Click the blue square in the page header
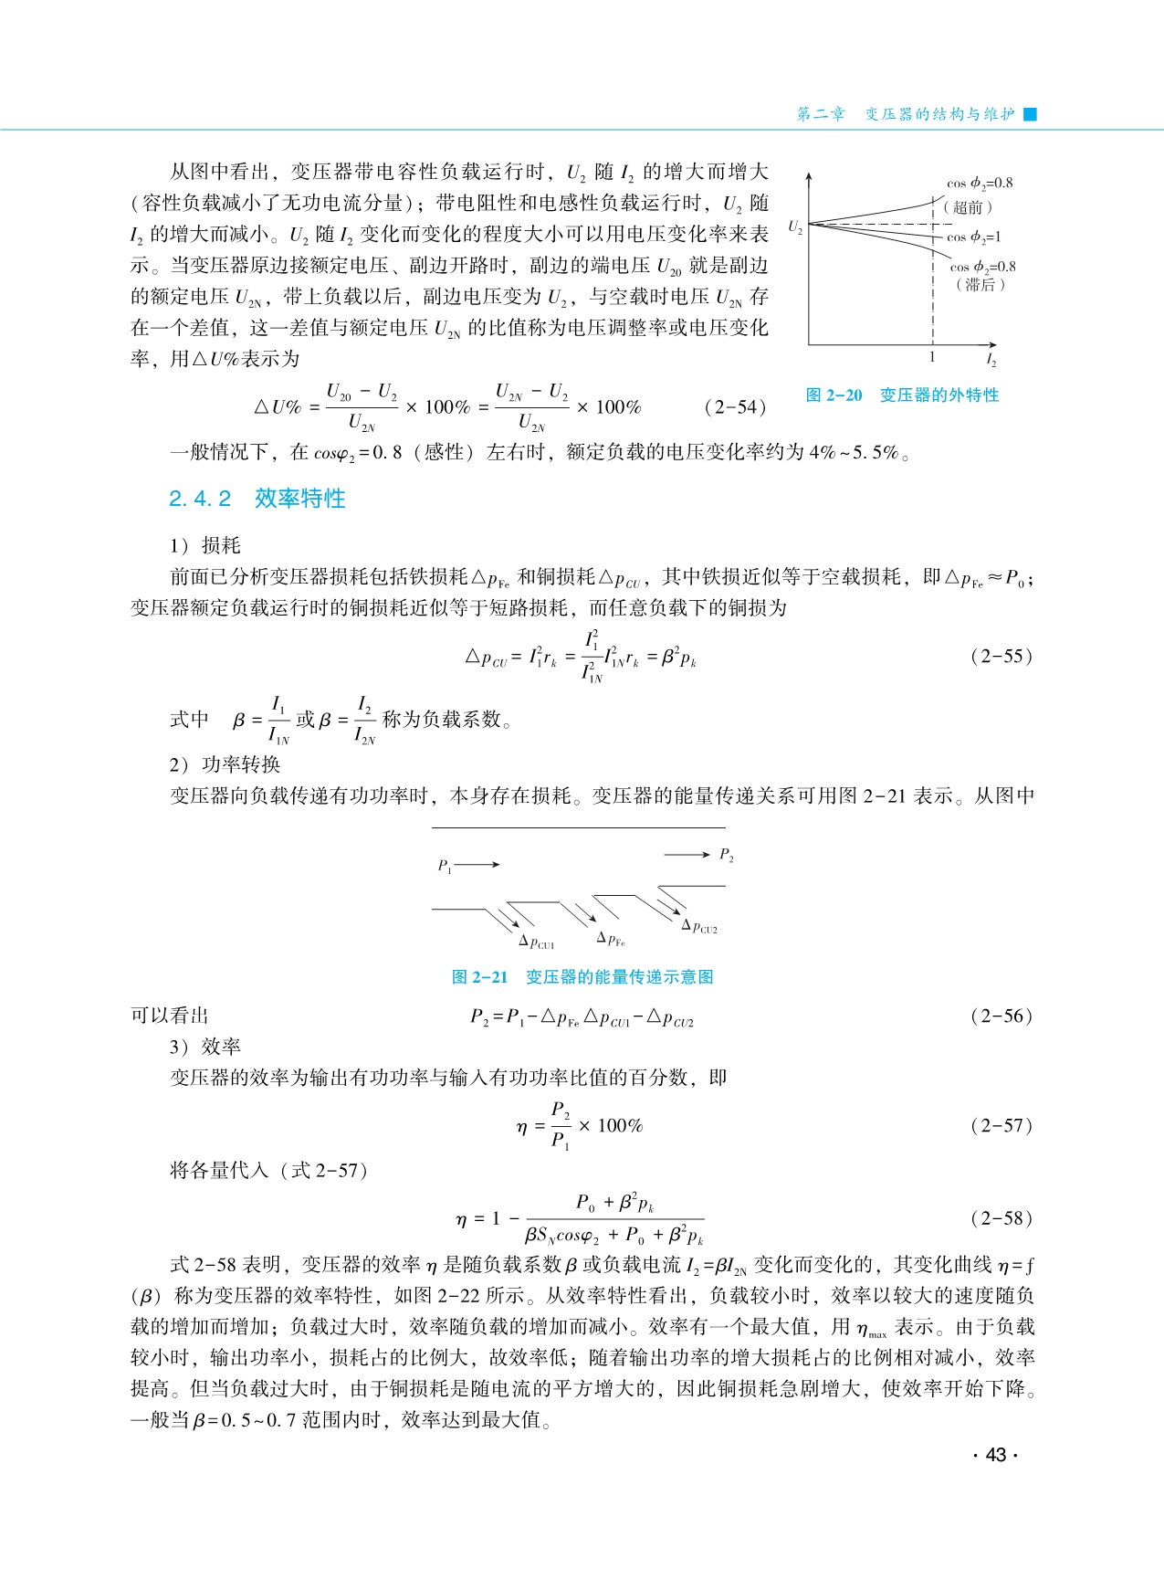coord(1031,114)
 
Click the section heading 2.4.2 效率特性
coord(257,499)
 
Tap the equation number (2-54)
coord(735,407)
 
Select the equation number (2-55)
coord(1001,656)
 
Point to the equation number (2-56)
coord(1001,1016)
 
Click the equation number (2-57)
coord(1001,1125)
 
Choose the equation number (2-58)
coord(1001,1217)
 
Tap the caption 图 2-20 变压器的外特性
coord(902,395)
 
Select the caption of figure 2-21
coord(582,977)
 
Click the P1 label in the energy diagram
coord(445,866)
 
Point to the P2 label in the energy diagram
coord(727,855)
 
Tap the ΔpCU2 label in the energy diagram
coord(699,926)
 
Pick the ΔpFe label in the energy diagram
coord(611,939)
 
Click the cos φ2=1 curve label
coord(973,237)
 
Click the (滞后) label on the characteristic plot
coord(980,284)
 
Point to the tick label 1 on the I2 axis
coord(932,357)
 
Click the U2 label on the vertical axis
coord(795,226)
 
